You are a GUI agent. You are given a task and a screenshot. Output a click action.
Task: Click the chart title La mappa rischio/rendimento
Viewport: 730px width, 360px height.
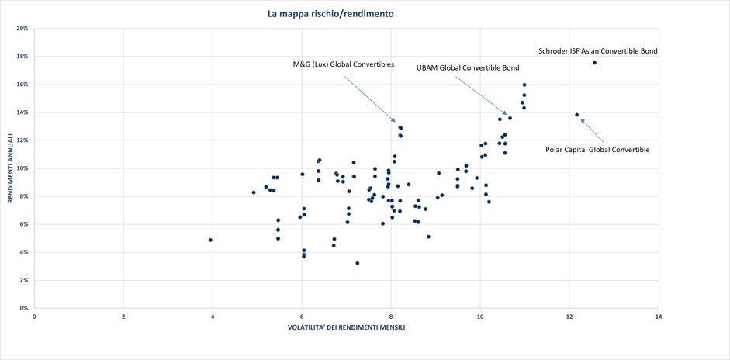point(330,14)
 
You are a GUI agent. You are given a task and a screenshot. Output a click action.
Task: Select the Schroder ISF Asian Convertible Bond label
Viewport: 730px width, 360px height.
point(598,50)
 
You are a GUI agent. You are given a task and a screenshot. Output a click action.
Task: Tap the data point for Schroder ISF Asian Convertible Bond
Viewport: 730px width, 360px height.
point(594,62)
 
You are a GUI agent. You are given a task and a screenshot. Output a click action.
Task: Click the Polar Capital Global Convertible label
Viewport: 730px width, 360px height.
point(597,150)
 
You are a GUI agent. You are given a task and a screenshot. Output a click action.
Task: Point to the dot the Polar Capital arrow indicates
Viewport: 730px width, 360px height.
point(577,115)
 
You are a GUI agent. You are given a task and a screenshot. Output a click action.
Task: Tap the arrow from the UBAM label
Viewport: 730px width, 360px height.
point(480,95)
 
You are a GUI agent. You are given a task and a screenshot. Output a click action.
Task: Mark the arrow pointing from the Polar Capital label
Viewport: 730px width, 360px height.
point(592,130)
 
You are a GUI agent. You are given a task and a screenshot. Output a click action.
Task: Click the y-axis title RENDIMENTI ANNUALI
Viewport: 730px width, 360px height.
point(10,168)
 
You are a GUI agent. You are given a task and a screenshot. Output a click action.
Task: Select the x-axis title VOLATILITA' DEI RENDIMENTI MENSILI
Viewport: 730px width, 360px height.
point(346,327)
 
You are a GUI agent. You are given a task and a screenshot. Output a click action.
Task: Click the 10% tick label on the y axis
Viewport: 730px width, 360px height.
point(22,168)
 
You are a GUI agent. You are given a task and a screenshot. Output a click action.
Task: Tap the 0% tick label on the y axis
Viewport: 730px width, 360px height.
point(24,308)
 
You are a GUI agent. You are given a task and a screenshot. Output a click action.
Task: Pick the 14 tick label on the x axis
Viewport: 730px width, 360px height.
point(659,316)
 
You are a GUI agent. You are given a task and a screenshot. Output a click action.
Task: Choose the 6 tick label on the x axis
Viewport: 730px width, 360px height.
point(302,316)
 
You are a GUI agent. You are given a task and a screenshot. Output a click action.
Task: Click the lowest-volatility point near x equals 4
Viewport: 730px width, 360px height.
point(210,240)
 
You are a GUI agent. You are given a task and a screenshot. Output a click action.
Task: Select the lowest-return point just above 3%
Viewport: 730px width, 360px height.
point(357,263)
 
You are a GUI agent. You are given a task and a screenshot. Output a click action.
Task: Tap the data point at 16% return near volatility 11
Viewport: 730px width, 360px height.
point(524,85)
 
